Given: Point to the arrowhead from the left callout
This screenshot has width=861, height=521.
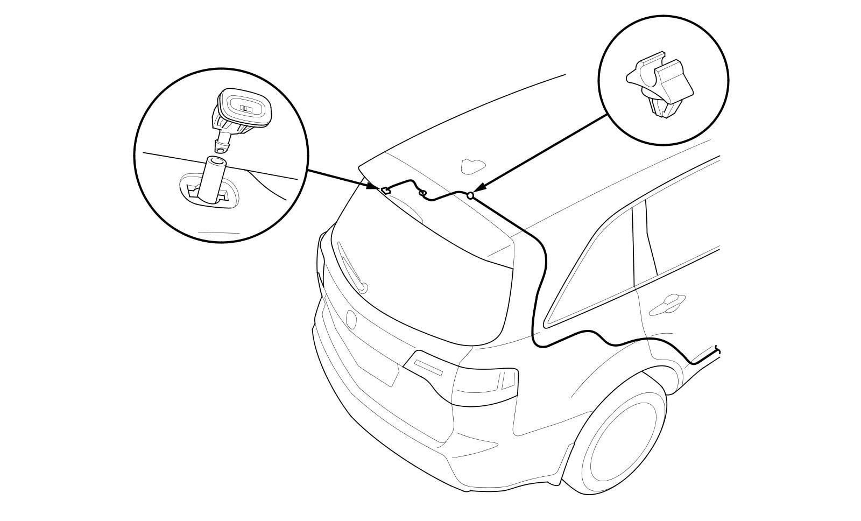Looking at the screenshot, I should click(x=373, y=187).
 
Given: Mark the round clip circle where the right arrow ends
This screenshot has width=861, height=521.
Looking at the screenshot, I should click(x=470, y=196).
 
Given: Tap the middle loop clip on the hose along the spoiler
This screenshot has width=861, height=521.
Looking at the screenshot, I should click(x=422, y=192).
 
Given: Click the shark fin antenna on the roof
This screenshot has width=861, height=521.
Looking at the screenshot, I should click(x=472, y=165).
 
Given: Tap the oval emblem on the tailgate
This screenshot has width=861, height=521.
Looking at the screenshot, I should click(x=351, y=319).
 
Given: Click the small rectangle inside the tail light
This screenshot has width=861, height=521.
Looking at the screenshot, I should click(x=506, y=380).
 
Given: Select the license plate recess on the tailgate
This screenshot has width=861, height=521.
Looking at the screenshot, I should click(x=377, y=366).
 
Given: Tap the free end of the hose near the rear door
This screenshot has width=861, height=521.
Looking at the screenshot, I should click(x=718, y=350).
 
